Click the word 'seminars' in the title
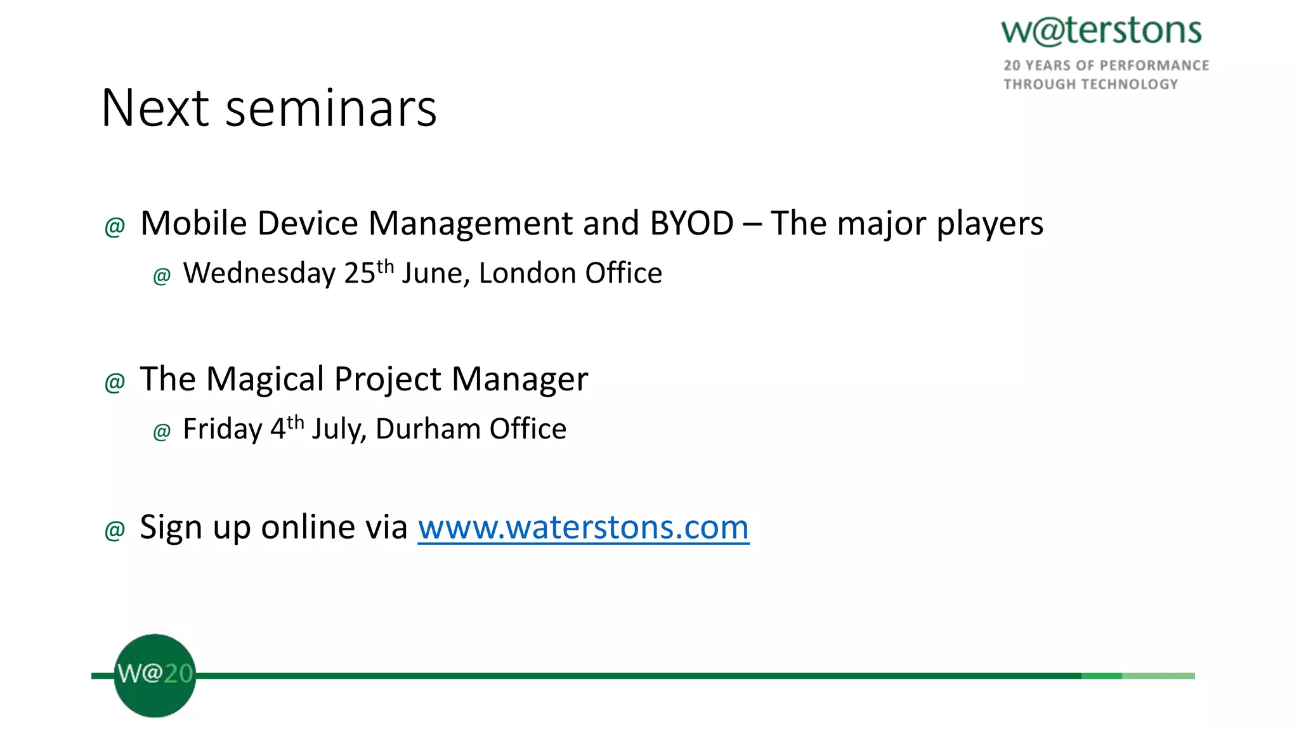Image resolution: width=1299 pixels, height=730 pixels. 331,109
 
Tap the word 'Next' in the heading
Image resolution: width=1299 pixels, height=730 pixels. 155,109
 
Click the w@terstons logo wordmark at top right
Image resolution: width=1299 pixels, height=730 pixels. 1101,32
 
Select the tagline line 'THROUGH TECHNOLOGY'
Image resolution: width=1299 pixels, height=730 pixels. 1090,84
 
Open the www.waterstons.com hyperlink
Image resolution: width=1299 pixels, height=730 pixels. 583,528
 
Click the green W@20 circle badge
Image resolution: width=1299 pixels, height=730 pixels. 155,676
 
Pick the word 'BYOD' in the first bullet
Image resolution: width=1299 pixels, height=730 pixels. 691,224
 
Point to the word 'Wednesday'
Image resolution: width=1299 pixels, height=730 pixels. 259,274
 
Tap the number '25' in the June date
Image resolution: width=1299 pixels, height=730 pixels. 360,274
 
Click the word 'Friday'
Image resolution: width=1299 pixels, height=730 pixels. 222,430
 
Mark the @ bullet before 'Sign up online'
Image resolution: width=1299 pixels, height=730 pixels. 115,530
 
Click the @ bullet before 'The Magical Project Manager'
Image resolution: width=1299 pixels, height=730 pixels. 115,382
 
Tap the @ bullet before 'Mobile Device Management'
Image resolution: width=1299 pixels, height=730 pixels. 115,226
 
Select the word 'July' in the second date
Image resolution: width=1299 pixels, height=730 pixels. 338,430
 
